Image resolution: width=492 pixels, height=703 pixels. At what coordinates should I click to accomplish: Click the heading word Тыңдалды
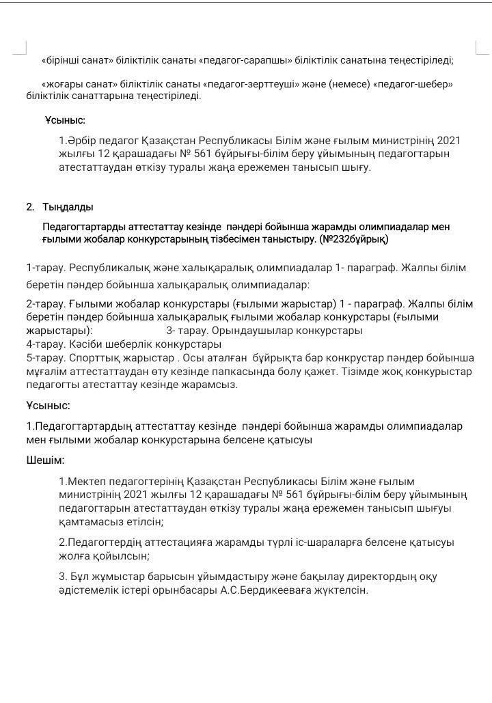68,207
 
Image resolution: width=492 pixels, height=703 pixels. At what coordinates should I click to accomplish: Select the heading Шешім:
45,460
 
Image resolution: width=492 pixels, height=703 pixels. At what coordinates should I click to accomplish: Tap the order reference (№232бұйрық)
353,240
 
